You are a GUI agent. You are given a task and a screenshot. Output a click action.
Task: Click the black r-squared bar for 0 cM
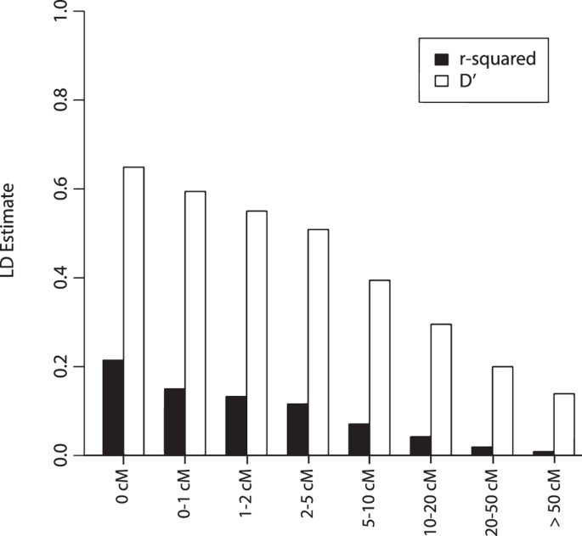(x=113, y=408)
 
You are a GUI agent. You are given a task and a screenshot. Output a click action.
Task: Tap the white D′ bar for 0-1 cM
(x=195, y=323)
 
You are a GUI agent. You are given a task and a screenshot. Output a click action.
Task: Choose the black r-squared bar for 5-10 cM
(x=359, y=439)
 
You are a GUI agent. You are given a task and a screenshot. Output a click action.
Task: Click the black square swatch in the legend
(x=441, y=59)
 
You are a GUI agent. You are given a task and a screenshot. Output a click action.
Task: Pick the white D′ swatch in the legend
(x=441, y=82)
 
